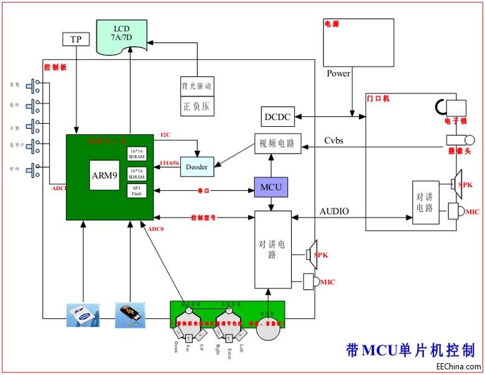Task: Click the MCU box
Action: (270, 187)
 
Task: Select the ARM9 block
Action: (104, 175)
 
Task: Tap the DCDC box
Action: (277, 116)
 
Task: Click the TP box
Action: (76, 39)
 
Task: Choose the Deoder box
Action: (196, 166)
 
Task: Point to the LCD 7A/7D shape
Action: (121, 33)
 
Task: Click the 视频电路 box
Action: (277, 144)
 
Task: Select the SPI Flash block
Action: (136, 190)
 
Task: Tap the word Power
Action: (339, 73)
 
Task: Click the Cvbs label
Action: (334, 141)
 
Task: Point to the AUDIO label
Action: (334, 211)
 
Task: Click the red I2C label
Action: (165, 135)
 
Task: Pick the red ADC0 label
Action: (156, 229)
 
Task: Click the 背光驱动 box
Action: (197, 86)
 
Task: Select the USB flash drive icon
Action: (131, 314)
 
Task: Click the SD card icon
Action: (83, 314)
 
